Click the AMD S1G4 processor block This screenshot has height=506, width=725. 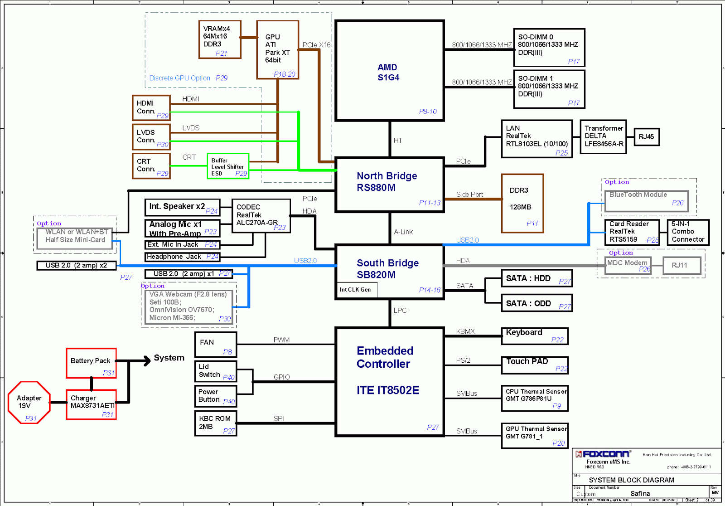[x=389, y=71]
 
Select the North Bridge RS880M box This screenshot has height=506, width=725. [x=389, y=185]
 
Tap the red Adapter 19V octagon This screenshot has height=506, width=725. [x=29, y=403]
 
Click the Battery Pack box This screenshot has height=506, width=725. [x=91, y=363]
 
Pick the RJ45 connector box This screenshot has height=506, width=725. [x=646, y=137]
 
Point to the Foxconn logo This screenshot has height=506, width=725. [x=603, y=454]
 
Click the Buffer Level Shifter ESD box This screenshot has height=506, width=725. [x=228, y=166]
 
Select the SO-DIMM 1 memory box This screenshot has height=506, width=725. [x=549, y=89]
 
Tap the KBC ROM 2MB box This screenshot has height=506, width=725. [x=216, y=423]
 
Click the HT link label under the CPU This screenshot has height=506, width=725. [x=398, y=141]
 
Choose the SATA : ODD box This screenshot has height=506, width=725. [x=536, y=303]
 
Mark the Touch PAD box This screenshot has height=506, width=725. [x=534, y=365]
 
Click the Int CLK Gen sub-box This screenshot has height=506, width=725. [x=356, y=290]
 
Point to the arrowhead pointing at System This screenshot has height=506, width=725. [x=146, y=361]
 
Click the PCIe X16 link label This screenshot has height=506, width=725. [x=316, y=45]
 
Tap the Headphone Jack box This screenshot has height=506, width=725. [x=182, y=257]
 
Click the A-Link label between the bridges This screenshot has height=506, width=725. [x=403, y=232]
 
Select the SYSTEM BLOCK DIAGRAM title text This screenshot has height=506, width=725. [x=631, y=480]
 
